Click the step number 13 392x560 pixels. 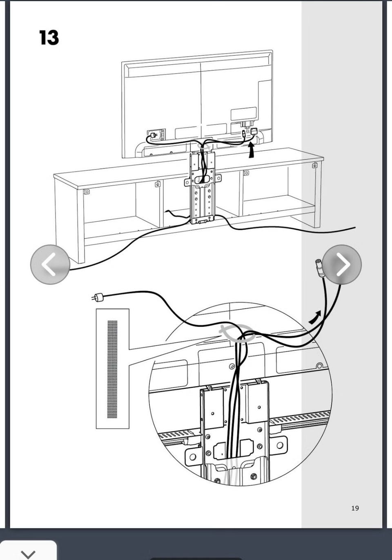coord(49,38)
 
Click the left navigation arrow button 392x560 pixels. coord(50,264)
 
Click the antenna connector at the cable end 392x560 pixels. coord(319,268)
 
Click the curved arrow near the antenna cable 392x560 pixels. coord(315,317)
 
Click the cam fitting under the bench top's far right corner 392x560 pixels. coord(315,165)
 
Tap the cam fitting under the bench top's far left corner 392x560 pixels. coord(87,192)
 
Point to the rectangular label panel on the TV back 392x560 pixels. coord(243,114)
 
